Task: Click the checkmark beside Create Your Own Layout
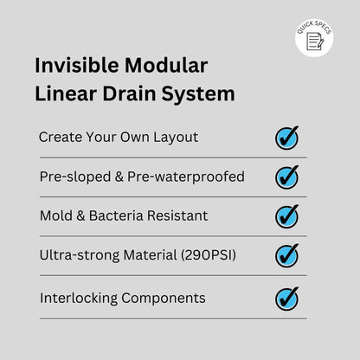(286, 138)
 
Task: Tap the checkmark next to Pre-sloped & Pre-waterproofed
(286, 177)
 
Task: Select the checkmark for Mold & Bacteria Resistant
(286, 215)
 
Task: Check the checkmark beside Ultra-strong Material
(286, 255)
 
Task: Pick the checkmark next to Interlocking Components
(286, 299)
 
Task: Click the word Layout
(177, 138)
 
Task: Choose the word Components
(164, 299)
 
